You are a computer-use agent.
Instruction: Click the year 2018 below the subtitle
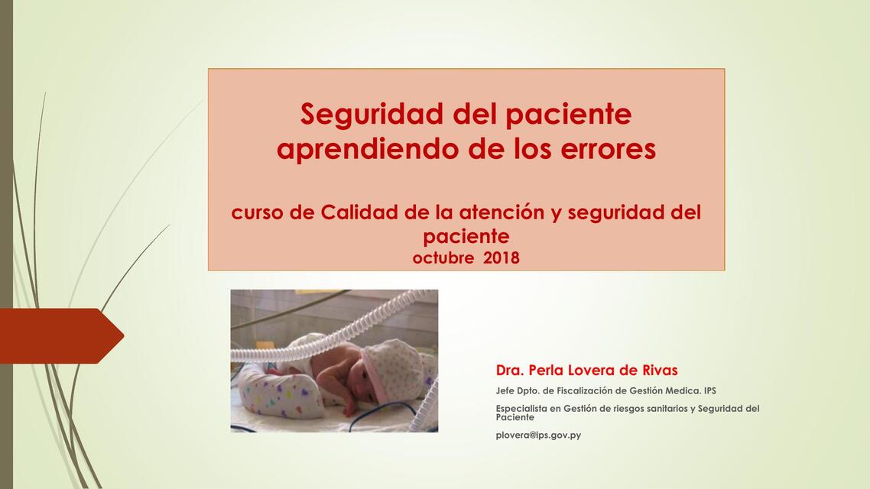(x=502, y=258)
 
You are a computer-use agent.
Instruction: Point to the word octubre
(x=443, y=258)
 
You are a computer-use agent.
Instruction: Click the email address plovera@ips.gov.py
(x=538, y=436)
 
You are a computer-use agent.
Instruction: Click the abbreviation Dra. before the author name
(x=510, y=371)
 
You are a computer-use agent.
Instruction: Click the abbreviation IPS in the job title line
(x=710, y=390)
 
